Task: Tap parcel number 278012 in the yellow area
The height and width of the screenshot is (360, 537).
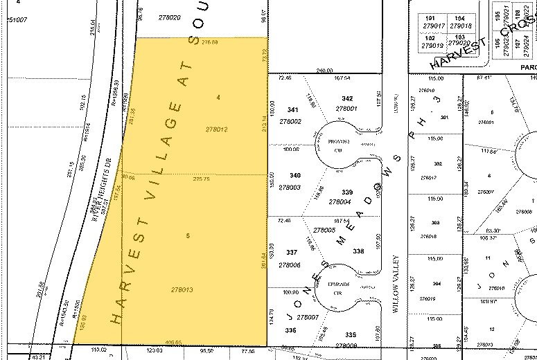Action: click(x=217, y=129)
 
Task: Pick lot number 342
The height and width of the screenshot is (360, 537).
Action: click(x=347, y=99)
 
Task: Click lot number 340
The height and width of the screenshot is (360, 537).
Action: click(x=295, y=175)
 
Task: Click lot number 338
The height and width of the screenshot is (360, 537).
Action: click(x=358, y=251)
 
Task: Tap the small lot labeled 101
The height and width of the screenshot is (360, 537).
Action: click(x=429, y=19)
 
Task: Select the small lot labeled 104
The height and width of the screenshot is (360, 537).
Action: click(x=459, y=19)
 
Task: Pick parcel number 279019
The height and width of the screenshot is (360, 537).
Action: click(x=432, y=46)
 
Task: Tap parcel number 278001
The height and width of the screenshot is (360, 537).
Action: click(x=345, y=108)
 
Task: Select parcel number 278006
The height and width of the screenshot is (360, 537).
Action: click(x=292, y=265)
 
